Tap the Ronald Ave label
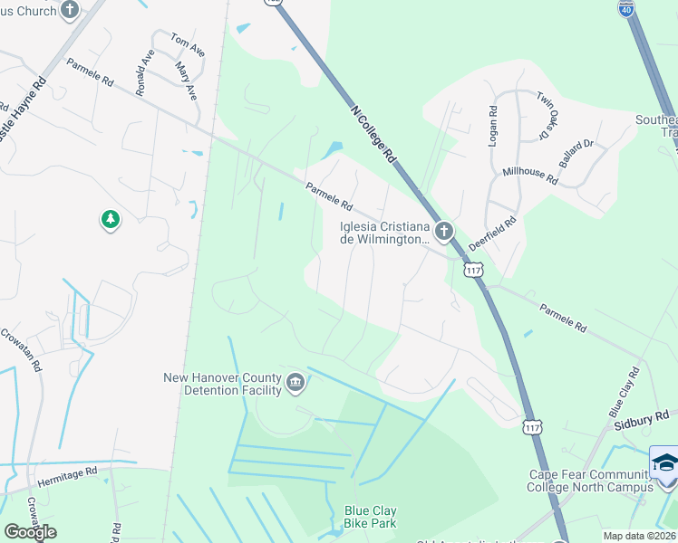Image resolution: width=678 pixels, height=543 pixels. pyautogui.click(x=146, y=72)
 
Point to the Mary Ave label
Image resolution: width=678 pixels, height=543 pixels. pyautogui.click(x=186, y=81)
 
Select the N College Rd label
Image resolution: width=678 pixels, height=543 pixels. pyautogui.click(x=373, y=131)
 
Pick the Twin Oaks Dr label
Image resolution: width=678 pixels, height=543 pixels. pyautogui.click(x=546, y=115)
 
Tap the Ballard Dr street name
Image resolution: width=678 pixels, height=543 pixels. pyautogui.click(x=576, y=155)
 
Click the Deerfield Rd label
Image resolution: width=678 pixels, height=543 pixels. pyautogui.click(x=493, y=233)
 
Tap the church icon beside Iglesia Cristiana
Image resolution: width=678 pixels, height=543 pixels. pyautogui.click(x=444, y=232)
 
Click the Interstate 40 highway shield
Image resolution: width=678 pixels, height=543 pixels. pyautogui.click(x=626, y=7)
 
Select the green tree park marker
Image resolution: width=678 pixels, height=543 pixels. pyautogui.click(x=111, y=219)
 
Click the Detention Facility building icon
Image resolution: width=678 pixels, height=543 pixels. pyautogui.click(x=295, y=385)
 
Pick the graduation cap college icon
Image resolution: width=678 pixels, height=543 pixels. pyautogui.click(x=664, y=462)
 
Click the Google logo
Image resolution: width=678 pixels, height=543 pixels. pyautogui.click(x=30, y=532)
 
